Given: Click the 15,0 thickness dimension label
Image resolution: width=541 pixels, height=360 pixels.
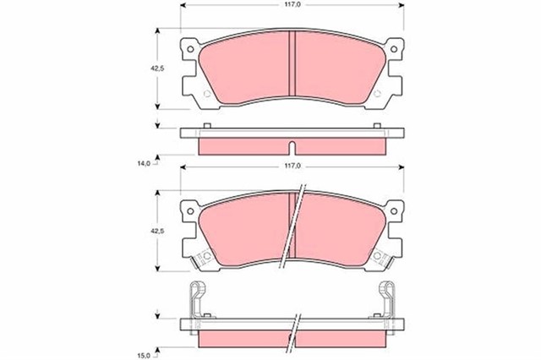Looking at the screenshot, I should click(x=144, y=344).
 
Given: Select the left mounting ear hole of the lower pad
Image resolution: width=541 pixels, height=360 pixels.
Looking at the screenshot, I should click(x=191, y=211).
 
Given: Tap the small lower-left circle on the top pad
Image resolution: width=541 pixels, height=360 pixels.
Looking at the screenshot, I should click(x=205, y=93).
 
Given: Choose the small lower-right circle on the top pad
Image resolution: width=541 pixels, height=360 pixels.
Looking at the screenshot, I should click(x=378, y=93).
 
